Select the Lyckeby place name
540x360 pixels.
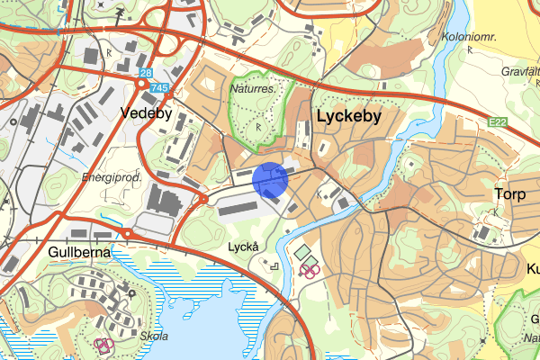(x=349, y=116)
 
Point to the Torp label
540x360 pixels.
(x=508, y=193)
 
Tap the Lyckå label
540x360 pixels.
(x=243, y=246)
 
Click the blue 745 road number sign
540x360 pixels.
(x=160, y=87)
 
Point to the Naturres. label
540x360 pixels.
(x=254, y=89)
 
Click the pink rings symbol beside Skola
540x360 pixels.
(x=103, y=344)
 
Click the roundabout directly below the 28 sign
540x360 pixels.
(x=141, y=84)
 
